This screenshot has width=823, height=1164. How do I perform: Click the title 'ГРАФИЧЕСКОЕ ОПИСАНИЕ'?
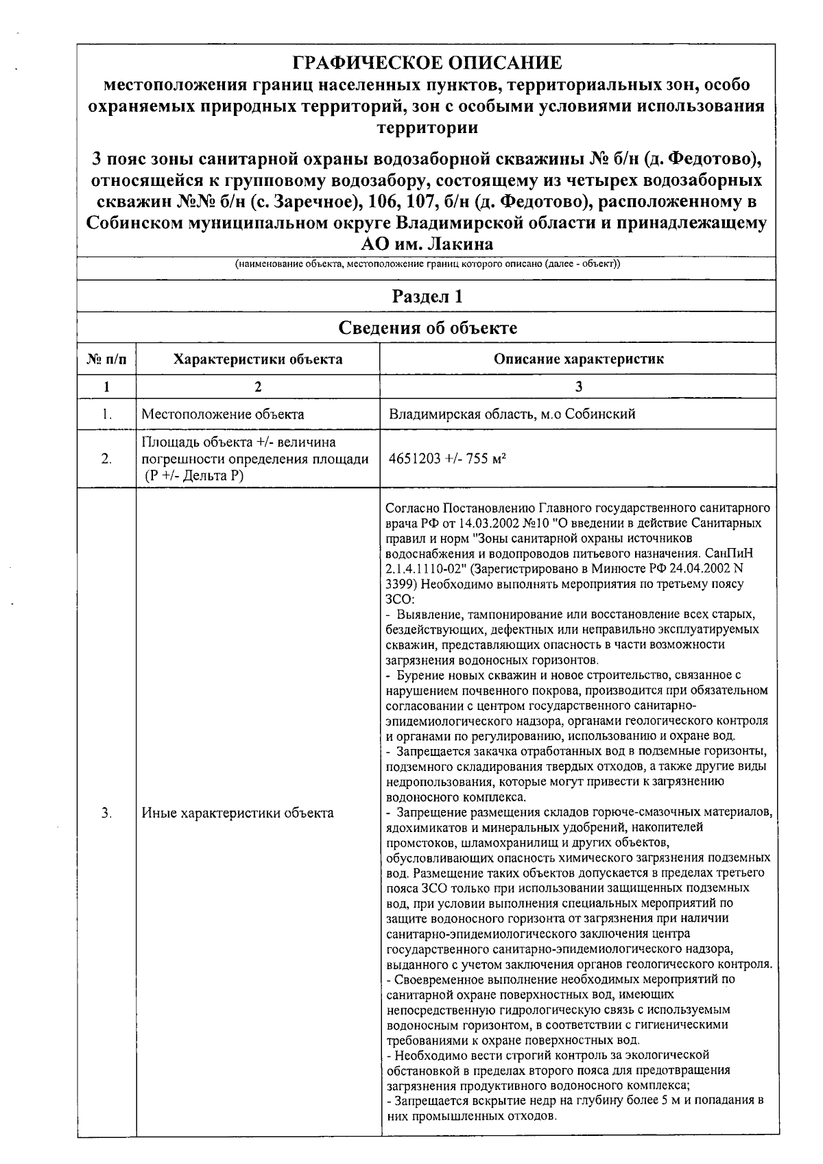point(427,64)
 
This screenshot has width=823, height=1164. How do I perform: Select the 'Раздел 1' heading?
point(427,297)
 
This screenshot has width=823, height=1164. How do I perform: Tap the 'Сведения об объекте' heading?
point(427,328)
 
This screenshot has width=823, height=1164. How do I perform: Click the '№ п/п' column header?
point(106,359)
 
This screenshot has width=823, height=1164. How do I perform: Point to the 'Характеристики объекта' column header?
point(258,359)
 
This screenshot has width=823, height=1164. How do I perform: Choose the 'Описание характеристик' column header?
point(579,359)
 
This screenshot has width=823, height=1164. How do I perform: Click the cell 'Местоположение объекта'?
point(223,414)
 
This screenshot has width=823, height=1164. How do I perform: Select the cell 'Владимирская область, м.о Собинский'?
point(512,414)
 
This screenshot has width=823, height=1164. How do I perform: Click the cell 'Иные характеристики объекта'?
point(237,813)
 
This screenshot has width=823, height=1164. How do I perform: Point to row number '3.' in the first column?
point(106,813)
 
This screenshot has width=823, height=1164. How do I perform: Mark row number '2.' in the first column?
point(106,459)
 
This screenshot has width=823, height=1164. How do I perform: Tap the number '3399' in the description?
point(400,585)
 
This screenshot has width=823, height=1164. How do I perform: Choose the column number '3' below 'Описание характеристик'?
point(579,387)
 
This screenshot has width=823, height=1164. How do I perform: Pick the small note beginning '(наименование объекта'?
point(427,265)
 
